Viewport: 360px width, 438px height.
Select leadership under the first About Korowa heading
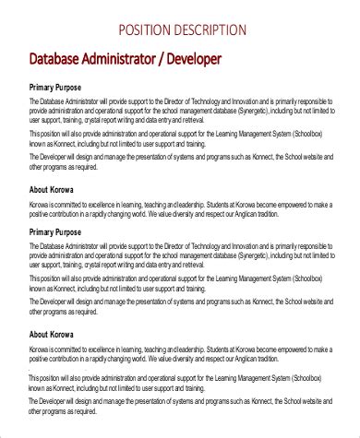(196, 205)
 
